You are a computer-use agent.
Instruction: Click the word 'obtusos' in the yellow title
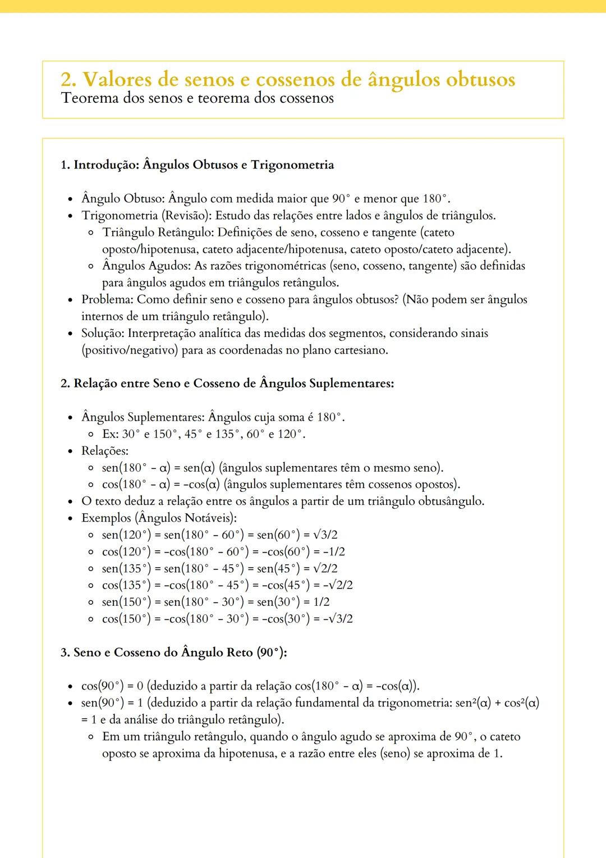coord(480,79)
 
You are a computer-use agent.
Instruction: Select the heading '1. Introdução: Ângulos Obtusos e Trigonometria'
coord(197,165)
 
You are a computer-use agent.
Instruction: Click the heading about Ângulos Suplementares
coord(227,384)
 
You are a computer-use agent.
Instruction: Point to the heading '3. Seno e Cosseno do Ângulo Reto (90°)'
coord(174,652)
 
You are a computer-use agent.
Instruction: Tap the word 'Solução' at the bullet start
coord(102,334)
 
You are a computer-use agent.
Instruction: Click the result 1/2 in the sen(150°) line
coord(322,602)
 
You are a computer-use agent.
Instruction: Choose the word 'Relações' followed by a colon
coord(104,451)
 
